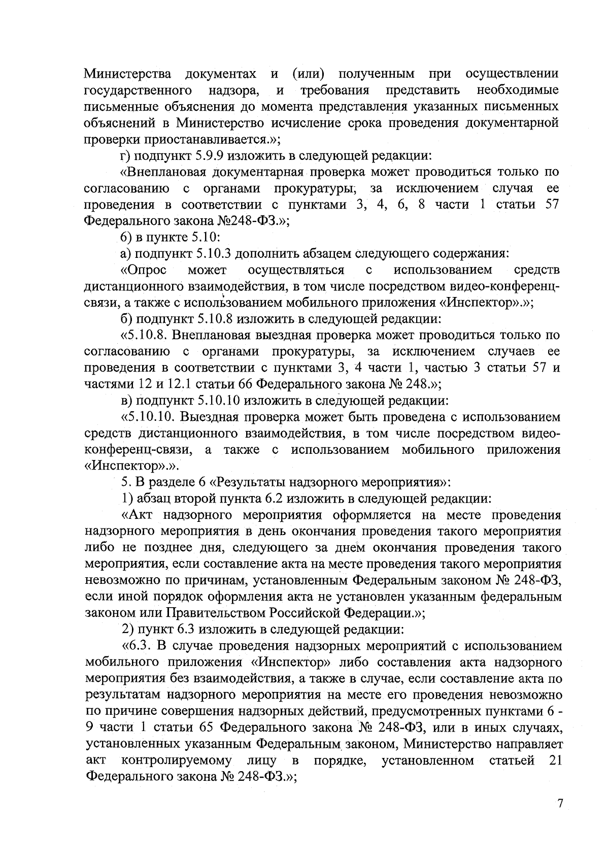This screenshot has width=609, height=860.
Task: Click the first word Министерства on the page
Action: (x=127, y=74)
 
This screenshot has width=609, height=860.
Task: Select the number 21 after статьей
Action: (x=554, y=760)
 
